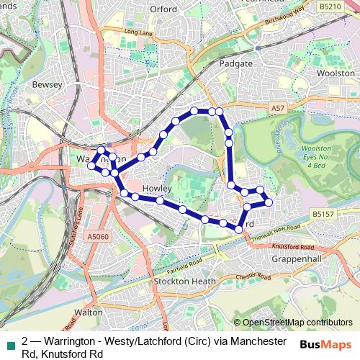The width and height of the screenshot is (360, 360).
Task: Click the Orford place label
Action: [x=163, y=9]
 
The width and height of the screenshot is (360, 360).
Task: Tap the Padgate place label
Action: [x=237, y=63]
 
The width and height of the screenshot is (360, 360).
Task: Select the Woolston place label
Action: [x=336, y=73]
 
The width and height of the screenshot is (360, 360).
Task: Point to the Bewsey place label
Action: [x=48, y=84]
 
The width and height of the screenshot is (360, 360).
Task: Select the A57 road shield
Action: [x=279, y=108]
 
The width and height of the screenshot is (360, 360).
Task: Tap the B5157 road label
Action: [x=324, y=213]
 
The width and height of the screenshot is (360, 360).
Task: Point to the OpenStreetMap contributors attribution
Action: [x=297, y=322]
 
